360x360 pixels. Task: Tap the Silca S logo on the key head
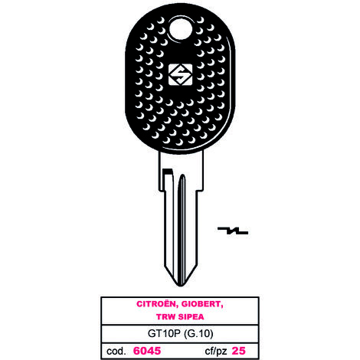[180, 74]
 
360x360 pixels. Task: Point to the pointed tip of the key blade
[181, 286]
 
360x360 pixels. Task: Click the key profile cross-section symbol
[233, 231]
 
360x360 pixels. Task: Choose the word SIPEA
[191, 317]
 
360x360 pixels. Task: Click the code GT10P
[164, 334]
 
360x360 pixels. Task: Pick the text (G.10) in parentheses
[198, 334]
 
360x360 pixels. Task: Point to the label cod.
[116, 351]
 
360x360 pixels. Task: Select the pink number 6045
[147, 351]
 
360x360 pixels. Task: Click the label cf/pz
[216, 352]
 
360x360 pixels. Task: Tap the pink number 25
[238, 351]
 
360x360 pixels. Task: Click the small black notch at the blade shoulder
[168, 172]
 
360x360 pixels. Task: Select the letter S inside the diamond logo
[180, 74]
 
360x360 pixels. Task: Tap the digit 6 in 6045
[136, 351]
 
